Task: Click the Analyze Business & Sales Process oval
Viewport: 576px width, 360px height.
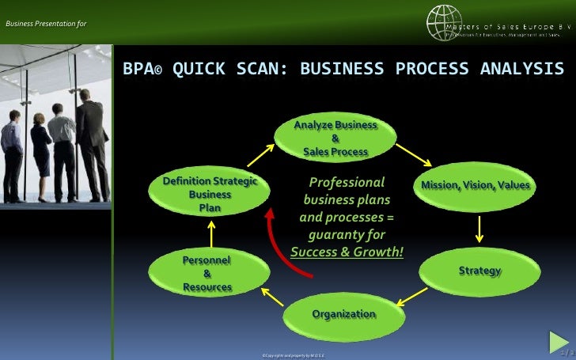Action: pos(335,138)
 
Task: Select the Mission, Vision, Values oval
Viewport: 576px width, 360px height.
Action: pos(476,185)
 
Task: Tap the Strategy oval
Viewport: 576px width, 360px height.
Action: pos(479,271)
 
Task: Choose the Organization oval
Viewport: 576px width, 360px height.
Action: pos(343,314)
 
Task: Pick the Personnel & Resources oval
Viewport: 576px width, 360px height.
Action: pos(207,273)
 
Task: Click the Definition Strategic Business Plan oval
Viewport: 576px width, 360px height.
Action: pos(210,194)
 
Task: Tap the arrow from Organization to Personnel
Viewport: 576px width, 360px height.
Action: pos(272,297)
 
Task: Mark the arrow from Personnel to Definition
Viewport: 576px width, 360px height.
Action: pos(210,231)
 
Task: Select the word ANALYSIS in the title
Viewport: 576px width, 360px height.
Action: pos(522,70)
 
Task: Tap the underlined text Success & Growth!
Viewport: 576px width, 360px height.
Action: pos(347,252)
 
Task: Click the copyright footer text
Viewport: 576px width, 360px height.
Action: pos(292,355)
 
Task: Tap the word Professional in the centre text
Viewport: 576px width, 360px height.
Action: pos(347,181)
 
